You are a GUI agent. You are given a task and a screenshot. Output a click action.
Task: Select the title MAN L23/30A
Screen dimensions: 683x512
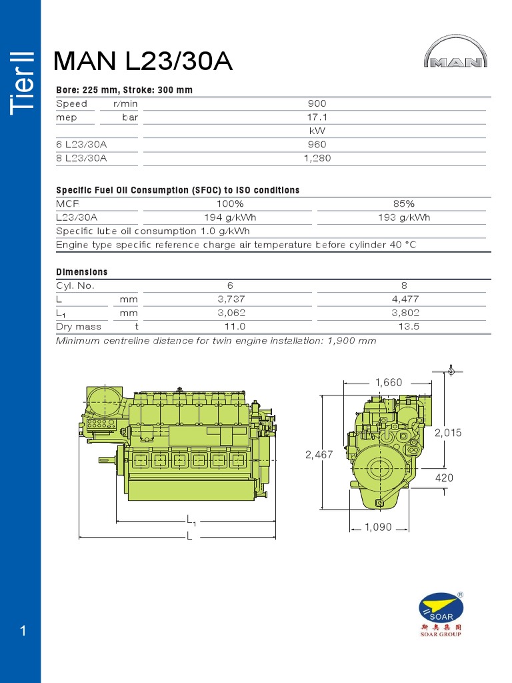point(143,61)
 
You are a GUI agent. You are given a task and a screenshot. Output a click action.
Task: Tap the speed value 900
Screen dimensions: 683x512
point(317,104)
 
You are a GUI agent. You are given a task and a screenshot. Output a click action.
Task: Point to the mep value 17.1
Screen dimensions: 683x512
point(317,117)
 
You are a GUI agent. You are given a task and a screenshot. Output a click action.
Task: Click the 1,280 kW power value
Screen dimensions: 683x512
point(317,159)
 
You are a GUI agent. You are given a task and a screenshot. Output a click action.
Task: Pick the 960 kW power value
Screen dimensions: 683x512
point(317,145)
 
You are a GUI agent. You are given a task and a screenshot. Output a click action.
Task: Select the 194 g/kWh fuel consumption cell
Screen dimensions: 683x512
point(230,217)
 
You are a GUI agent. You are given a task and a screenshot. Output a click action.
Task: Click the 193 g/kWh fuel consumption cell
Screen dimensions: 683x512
point(404,217)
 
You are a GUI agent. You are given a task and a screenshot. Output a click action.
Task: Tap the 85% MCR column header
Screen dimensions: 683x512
point(404,204)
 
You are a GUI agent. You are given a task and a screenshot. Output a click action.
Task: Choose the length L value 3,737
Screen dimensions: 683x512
point(230,299)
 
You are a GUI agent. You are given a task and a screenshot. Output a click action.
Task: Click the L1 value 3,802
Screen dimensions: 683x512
point(404,313)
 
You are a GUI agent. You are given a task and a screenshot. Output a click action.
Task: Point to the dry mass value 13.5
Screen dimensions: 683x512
point(404,327)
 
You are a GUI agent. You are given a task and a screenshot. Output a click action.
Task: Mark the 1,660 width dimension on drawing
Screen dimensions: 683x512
point(389,383)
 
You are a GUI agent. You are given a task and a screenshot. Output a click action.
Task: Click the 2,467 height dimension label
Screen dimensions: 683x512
point(319,455)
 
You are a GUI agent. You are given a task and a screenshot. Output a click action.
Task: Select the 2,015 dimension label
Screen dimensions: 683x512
point(448,433)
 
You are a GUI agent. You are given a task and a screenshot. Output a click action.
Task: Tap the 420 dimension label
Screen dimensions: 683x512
point(444,478)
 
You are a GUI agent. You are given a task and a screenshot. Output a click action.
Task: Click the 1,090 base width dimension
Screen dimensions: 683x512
point(378,528)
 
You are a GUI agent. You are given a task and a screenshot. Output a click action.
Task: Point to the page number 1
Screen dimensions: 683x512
point(23,631)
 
